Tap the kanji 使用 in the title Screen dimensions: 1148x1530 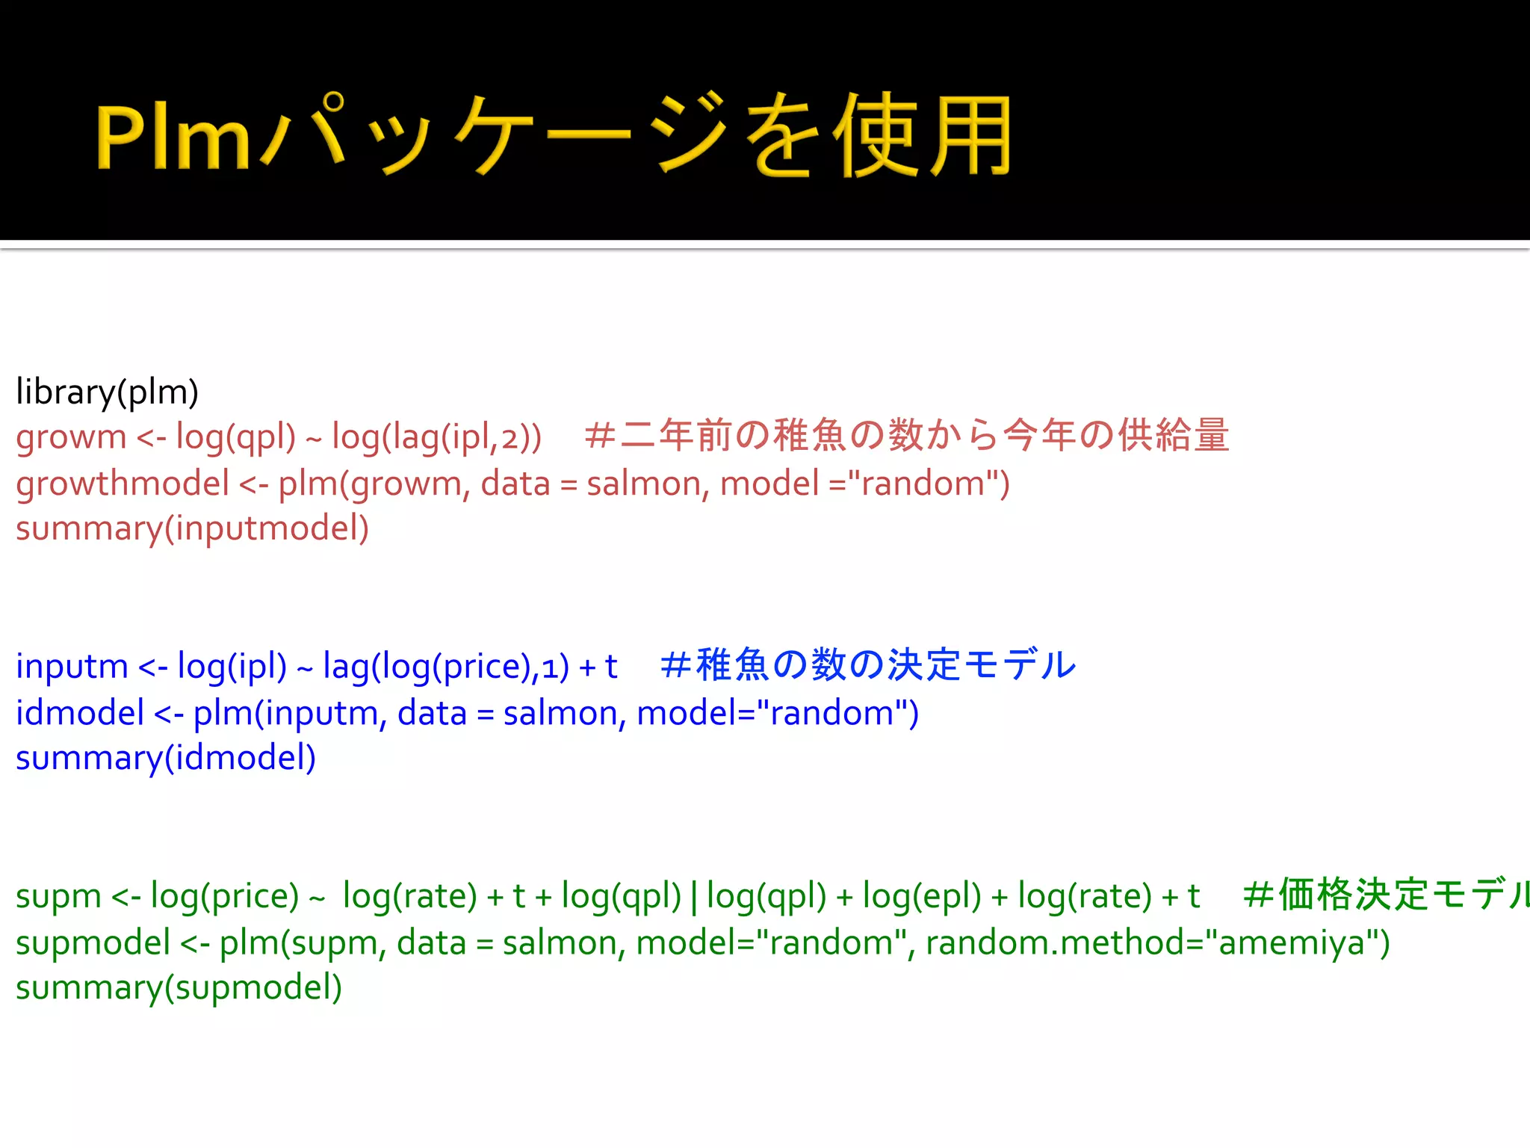coord(923,137)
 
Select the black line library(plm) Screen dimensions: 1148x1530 coord(108,392)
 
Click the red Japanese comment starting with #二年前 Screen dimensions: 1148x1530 coord(907,436)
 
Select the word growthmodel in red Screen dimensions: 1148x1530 coord(123,484)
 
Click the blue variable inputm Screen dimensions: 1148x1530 coord(72,667)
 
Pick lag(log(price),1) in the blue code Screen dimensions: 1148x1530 coord(445,667)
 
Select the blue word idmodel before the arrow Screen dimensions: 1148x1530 coord(80,713)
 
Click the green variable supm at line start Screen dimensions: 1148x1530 coord(58,896)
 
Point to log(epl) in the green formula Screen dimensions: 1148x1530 coord(921,896)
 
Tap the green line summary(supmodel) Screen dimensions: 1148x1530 coord(179,988)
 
